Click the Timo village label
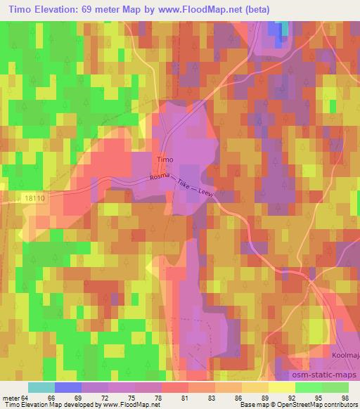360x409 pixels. (x=164, y=160)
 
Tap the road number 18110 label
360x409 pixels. (x=32, y=199)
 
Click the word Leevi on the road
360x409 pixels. (x=206, y=198)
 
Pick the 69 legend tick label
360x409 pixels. (x=79, y=398)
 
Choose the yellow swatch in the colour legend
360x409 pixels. (x=281, y=387)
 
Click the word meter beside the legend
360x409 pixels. (x=11, y=398)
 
